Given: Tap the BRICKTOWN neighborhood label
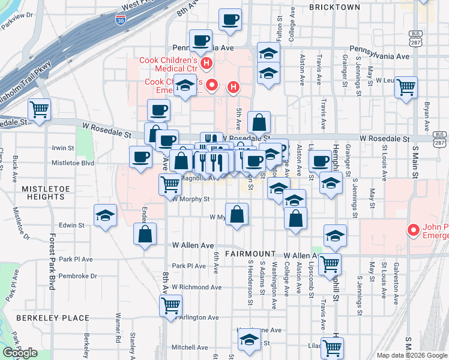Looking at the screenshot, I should point(334,7).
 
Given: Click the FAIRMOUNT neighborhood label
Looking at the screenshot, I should point(250,254).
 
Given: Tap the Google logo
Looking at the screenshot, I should point(20,352).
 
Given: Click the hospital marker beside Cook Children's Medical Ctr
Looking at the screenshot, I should point(206,63).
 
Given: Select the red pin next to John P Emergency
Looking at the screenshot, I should point(412,230).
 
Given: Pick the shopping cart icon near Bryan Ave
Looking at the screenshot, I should point(406,87).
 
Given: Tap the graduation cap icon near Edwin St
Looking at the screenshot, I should point(105,216).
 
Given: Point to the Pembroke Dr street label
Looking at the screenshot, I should point(78,276).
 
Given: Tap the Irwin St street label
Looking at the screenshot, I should point(62,148).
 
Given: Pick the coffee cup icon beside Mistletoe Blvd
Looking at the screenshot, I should point(140,157).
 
